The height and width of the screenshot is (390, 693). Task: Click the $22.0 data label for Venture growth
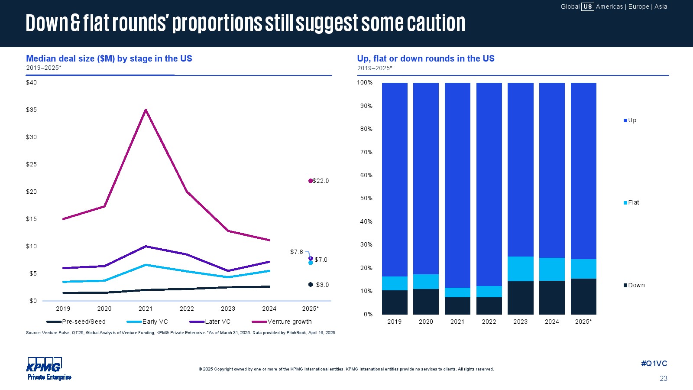(x=321, y=181)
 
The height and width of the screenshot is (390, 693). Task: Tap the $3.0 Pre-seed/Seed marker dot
(x=311, y=285)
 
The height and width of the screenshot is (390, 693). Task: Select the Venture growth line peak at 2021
(x=146, y=110)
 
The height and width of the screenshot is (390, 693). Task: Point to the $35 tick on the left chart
(x=31, y=110)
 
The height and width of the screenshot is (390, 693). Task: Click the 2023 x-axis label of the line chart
(x=228, y=309)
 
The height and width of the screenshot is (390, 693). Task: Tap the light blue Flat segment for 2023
(x=520, y=269)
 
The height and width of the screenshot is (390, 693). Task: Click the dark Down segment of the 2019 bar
(x=395, y=302)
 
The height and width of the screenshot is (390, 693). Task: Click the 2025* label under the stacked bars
(x=583, y=322)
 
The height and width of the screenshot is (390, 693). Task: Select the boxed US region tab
(x=587, y=6)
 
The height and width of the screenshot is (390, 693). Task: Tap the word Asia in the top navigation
(x=661, y=6)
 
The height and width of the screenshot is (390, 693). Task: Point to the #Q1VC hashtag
(x=654, y=364)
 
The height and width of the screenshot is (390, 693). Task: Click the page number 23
(x=664, y=378)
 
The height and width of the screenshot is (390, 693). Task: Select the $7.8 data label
(x=297, y=252)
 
